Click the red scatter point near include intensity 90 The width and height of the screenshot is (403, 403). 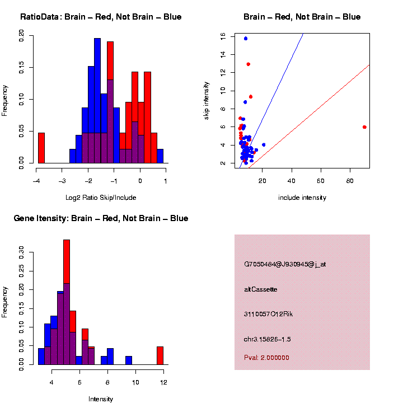coord(364,127)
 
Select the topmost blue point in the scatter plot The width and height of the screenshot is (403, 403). coord(246,39)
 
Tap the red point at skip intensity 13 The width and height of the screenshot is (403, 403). coord(248,64)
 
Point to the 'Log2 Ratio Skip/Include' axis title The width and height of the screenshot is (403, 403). coord(101,198)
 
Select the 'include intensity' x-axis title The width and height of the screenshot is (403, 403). coord(302,198)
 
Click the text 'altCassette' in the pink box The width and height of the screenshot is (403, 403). coord(260,289)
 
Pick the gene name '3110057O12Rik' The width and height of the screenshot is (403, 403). coord(268,314)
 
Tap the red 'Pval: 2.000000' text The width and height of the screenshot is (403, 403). coord(266,358)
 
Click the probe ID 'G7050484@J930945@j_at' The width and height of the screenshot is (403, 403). coord(285,264)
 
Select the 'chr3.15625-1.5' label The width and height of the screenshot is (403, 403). coord(267,339)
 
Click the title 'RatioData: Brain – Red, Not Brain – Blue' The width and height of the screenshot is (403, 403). coord(101,17)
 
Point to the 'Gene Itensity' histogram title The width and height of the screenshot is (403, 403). coord(101,218)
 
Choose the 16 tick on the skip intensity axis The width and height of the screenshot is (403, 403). coord(223,36)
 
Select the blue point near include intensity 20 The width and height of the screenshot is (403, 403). coord(264,145)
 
